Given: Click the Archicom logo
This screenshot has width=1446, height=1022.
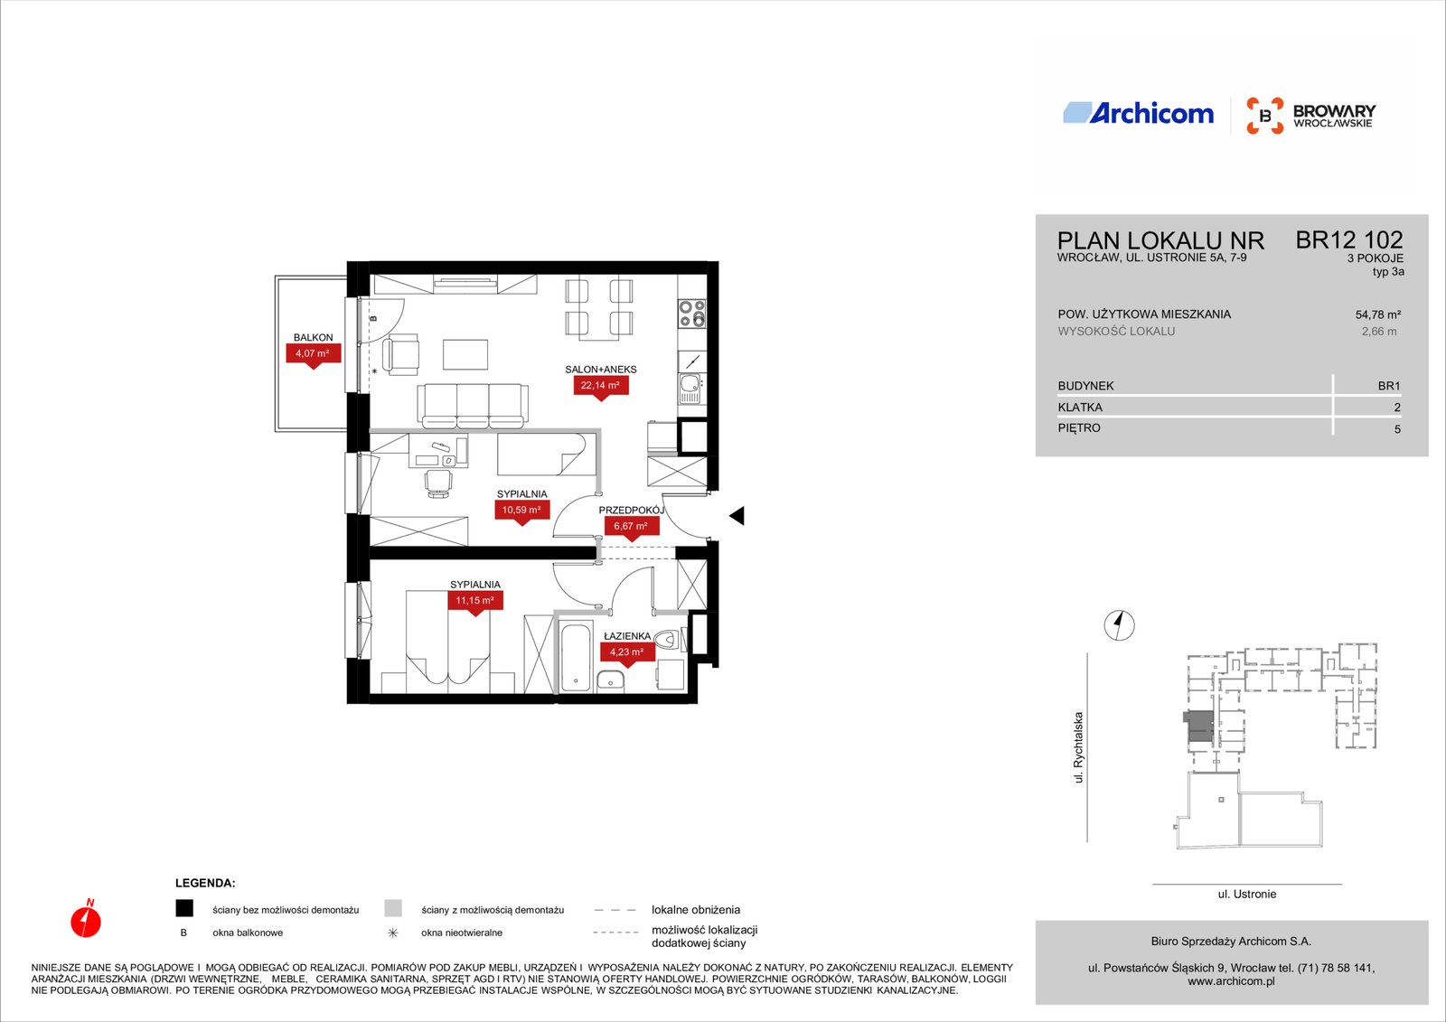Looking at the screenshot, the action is coord(1138,113).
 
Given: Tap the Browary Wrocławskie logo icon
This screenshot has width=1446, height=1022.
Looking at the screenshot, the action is coord(1264,116).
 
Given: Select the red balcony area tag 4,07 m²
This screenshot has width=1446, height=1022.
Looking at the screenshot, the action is coord(313,355).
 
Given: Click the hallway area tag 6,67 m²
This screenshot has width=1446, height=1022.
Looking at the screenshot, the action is coord(632,528).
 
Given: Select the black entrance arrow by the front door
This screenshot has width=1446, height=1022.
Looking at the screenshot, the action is coord(737,515).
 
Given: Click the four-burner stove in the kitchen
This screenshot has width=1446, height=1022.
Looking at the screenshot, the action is coord(692,314).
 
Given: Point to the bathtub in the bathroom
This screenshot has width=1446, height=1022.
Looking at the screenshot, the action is coord(575,657).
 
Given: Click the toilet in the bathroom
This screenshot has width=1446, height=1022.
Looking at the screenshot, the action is coord(670,640).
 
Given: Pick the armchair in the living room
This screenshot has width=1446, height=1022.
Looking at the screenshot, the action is coord(400,354).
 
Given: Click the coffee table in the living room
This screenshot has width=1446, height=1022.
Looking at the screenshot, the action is coord(465,355).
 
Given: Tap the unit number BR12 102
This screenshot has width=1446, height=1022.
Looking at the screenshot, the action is coord(1349,240).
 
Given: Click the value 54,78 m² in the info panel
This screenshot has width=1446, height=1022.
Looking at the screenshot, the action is coord(1377,315).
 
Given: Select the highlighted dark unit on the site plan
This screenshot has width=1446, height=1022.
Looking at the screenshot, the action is coord(1198,726).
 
